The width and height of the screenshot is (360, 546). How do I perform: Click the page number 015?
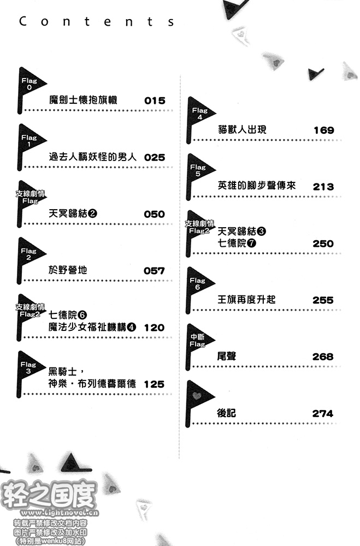(x=155, y=100)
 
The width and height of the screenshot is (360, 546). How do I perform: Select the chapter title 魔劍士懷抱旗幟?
(x=83, y=100)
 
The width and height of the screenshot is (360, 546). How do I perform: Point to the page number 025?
(x=155, y=157)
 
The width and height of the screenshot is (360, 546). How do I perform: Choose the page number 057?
(x=154, y=271)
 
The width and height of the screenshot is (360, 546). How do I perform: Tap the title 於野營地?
(x=68, y=270)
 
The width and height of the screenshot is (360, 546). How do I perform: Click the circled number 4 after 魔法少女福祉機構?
(x=132, y=327)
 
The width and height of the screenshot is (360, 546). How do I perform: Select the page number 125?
(x=154, y=384)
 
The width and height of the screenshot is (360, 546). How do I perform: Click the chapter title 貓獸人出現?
(x=242, y=129)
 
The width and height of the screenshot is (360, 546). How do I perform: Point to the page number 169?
(x=324, y=130)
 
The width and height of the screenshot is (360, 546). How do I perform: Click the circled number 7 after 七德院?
(x=252, y=243)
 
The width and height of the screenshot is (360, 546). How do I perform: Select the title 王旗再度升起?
(x=246, y=299)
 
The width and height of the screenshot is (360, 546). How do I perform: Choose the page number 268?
(x=323, y=357)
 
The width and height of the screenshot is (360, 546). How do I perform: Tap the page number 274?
(x=322, y=413)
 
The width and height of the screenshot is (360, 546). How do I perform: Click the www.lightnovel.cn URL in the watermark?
(x=60, y=513)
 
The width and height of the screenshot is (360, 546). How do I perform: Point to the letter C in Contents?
(x=23, y=21)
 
